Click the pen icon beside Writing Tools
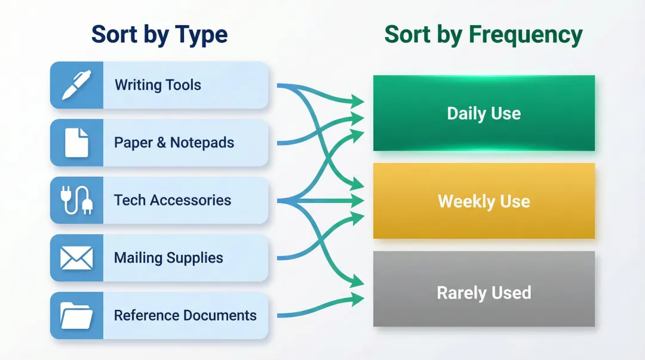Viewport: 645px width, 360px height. [x=76, y=85]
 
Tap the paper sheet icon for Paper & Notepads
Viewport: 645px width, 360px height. [x=76, y=143]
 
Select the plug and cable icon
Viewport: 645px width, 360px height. [x=76, y=200]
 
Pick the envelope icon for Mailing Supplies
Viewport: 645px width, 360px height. [x=76, y=258]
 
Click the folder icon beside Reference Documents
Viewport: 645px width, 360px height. [x=76, y=315]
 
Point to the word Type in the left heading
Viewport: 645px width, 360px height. [x=201, y=35]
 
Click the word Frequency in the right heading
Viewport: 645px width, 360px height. [x=524, y=35]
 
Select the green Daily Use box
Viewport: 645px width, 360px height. [x=484, y=113]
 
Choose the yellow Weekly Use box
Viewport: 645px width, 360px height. [x=484, y=201]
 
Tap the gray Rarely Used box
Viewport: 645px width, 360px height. [x=484, y=289]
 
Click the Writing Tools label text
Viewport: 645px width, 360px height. [x=158, y=85]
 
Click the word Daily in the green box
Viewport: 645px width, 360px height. [x=466, y=113]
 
